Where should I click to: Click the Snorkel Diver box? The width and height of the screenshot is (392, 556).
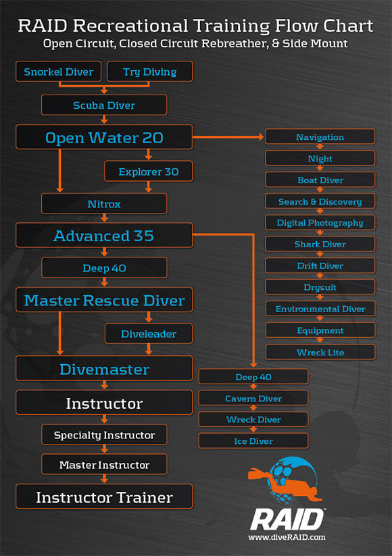tap(59, 71)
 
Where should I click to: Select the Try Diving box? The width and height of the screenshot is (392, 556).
tap(150, 71)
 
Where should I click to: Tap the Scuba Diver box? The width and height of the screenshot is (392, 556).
tap(104, 105)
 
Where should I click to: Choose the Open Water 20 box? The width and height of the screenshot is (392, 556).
tap(104, 137)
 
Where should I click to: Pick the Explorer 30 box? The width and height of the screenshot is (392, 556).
tap(149, 172)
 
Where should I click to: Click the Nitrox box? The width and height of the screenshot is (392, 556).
tap(104, 203)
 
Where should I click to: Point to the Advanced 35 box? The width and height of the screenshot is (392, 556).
tap(104, 235)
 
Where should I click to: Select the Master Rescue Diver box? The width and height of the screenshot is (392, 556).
tap(104, 300)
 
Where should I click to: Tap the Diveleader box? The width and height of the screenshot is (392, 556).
tap(149, 334)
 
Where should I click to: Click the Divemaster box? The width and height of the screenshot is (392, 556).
tap(104, 368)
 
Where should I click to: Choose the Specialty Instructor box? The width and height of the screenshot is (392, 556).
tap(104, 434)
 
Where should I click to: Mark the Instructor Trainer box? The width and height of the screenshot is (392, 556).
tap(104, 497)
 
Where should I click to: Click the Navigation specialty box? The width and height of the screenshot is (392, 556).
tap(320, 136)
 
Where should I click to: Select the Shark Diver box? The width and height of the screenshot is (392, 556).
tap(320, 244)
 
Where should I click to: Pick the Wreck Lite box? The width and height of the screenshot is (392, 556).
tap(320, 352)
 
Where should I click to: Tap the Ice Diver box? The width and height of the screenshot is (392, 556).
tap(253, 440)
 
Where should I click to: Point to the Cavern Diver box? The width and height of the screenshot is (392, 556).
tap(253, 398)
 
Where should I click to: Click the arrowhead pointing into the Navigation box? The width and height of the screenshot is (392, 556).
tap(262, 137)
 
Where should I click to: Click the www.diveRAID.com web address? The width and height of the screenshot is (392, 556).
tap(287, 537)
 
